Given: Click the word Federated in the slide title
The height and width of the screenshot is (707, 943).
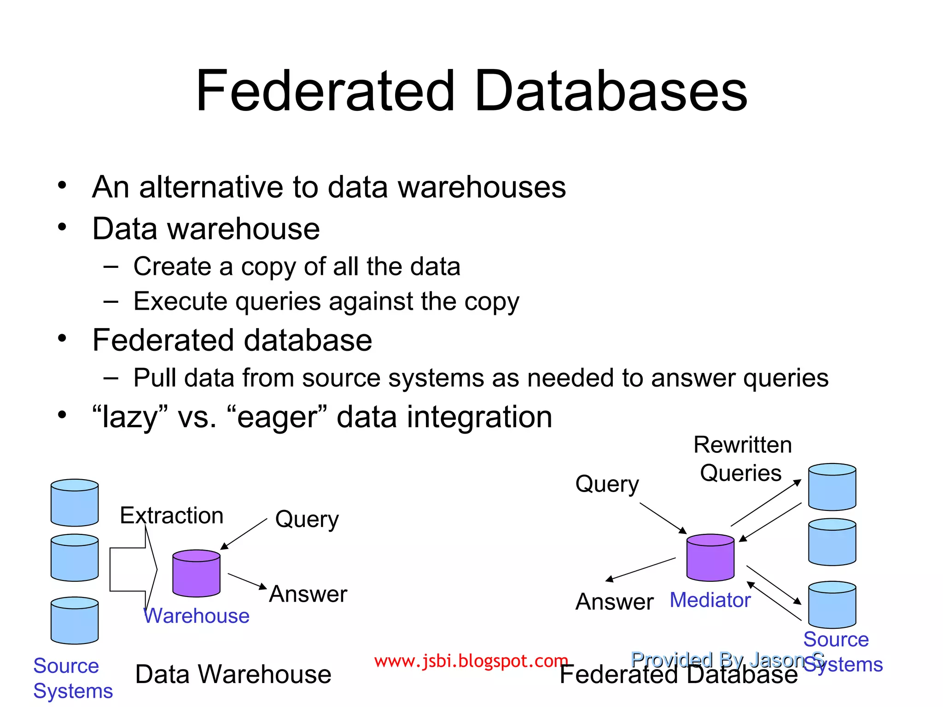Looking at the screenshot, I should (325, 91).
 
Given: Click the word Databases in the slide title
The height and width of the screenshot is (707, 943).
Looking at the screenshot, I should (611, 91).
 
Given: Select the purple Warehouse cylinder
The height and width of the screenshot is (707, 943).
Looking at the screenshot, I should (196, 574).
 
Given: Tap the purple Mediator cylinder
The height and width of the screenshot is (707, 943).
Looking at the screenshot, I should (710, 558).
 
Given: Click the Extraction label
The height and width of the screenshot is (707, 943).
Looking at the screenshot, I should (171, 516).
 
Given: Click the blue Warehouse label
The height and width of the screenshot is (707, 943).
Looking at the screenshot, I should (197, 616).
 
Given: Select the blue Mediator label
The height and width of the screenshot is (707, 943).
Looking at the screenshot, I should (710, 600).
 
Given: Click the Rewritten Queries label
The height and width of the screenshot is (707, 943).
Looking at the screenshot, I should (742, 459).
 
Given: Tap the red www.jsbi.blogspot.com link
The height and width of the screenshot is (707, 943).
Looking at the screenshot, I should (471, 661).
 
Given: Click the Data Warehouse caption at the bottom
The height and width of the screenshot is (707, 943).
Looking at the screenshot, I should (233, 674).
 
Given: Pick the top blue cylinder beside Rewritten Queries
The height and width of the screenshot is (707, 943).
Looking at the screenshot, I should (832, 487).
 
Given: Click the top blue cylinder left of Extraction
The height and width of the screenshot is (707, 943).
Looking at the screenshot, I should (75, 503).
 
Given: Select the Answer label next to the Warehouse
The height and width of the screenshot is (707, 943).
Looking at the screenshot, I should (308, 594).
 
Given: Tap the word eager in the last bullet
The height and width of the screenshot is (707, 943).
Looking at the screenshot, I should (277, 418).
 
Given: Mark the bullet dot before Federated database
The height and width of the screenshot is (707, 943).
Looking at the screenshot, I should (62, 339).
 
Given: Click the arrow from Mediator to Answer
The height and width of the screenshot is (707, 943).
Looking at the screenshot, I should (640, 570).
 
